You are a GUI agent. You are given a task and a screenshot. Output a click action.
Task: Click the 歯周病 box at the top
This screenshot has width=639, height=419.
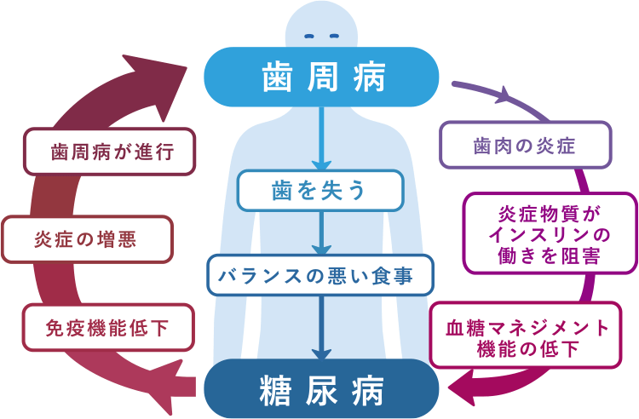click(322, 77)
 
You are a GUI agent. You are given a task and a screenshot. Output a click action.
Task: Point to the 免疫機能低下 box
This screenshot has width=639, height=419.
click(107, 327)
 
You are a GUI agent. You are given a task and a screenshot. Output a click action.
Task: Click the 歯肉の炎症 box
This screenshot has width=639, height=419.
click(525, 145)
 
